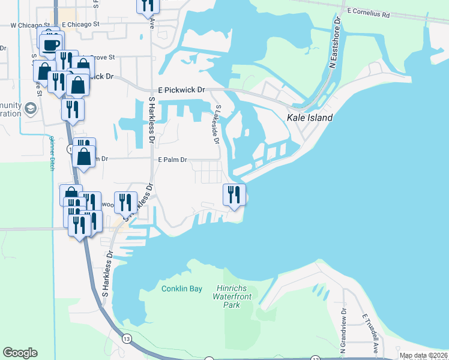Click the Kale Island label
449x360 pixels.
click(310, 118)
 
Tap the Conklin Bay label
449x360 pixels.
click(182, 289)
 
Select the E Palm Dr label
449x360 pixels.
click(173, 160)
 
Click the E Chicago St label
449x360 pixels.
click(80, 25)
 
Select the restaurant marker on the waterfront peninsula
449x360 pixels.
click(234, 194)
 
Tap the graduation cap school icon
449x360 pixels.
click(30, 108)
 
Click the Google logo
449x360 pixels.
click(20, 353)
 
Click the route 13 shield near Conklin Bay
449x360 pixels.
click(127, 339)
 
